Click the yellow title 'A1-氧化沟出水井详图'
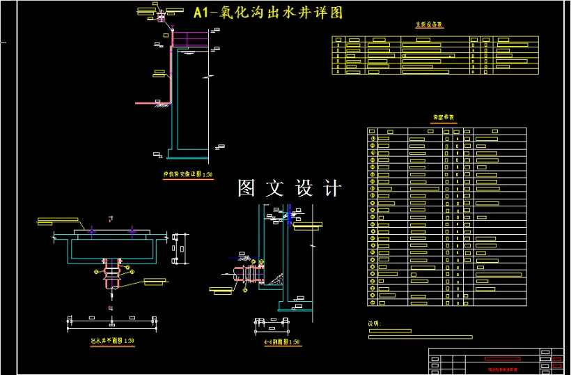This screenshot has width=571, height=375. point(267,13)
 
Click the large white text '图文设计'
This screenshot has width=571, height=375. point(290,188)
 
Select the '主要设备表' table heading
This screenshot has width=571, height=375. point(430,25)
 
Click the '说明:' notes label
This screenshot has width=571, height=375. point(375,323)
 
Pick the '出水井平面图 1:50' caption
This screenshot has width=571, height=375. point(112,342)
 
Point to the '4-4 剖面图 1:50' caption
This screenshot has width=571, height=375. point(281,342)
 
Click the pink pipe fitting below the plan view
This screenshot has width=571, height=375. point(112,275)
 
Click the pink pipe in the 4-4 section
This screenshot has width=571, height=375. point(247,275)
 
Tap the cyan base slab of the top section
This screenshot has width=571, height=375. point(191,148)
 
